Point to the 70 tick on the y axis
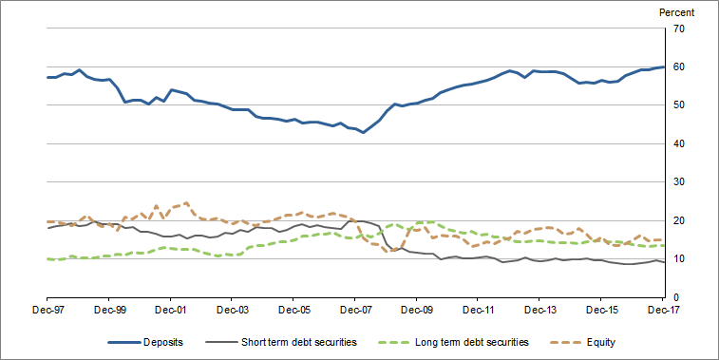[x=678, y=28]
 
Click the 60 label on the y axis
[x=678, y=67]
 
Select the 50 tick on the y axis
[x=678, y=105]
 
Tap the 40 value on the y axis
[x=678, y=144]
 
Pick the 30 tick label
[x=678, y=182]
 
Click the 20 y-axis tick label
[x=678, y=221]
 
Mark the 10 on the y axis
[x=678, y=259]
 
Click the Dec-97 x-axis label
[x=47, y=310]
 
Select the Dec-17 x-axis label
[x=663, y=310]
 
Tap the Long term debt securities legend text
[x=465, y=341]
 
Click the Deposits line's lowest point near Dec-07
[x=363, y=132]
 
